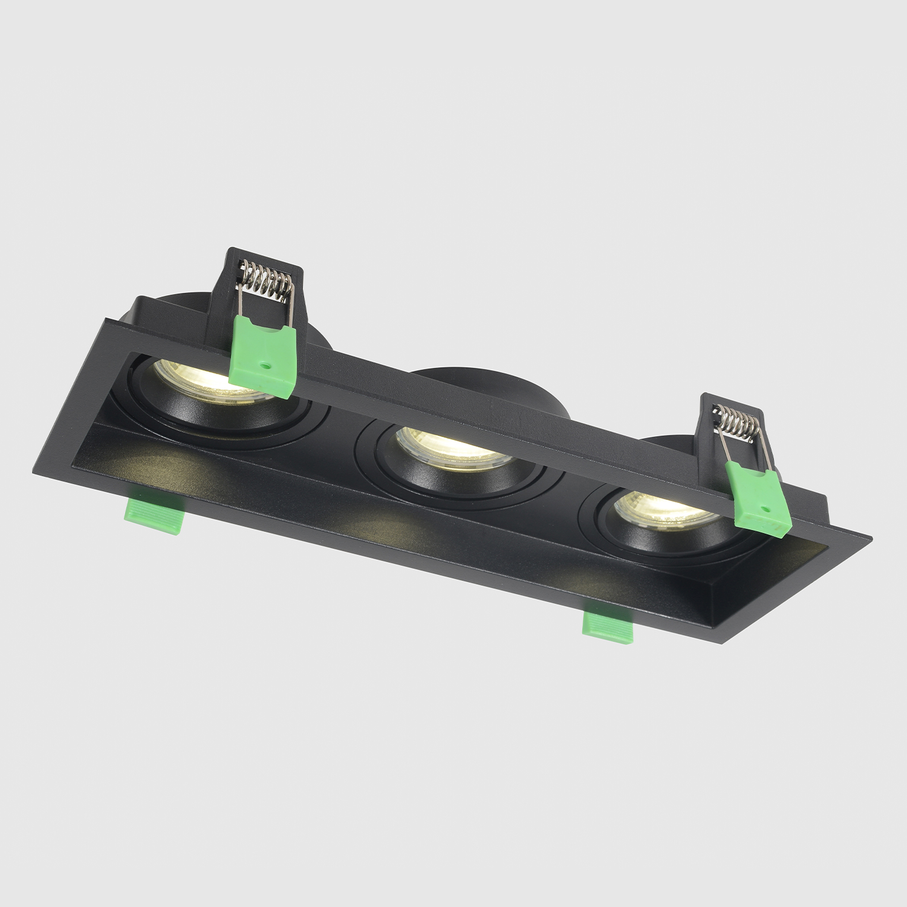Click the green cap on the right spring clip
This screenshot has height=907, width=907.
click(759, 499)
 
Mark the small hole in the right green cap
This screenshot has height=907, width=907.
click(767, 510)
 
